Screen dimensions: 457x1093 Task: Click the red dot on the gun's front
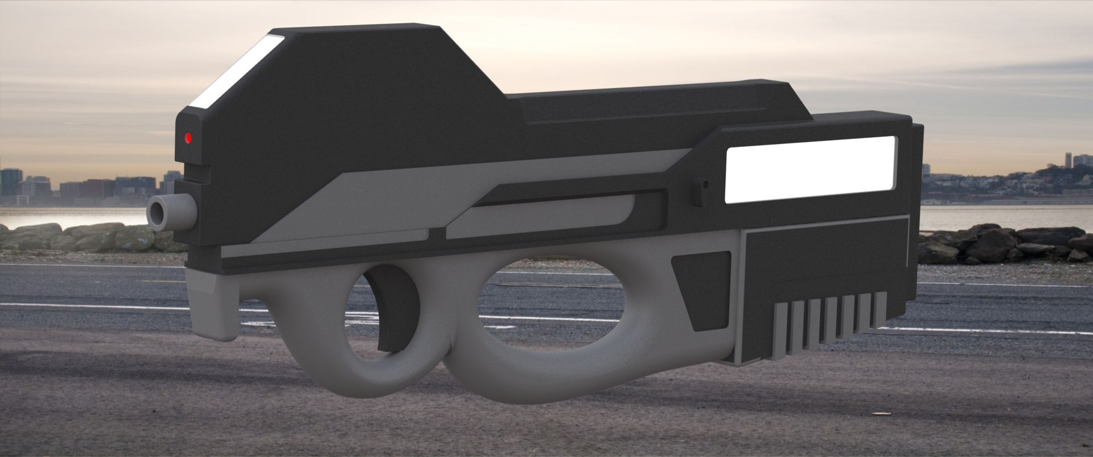click(188, 138)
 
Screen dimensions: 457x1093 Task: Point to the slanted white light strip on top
click(235, 72)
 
